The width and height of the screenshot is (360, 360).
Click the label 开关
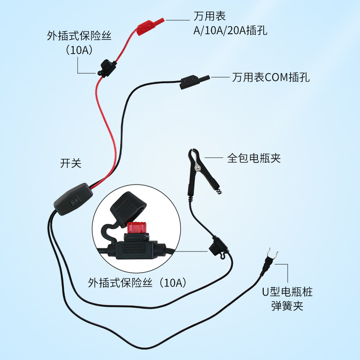pyautogui.click(x=71, y=163)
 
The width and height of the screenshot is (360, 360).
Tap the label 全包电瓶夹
pyautogui.click(x=253, y=158)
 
